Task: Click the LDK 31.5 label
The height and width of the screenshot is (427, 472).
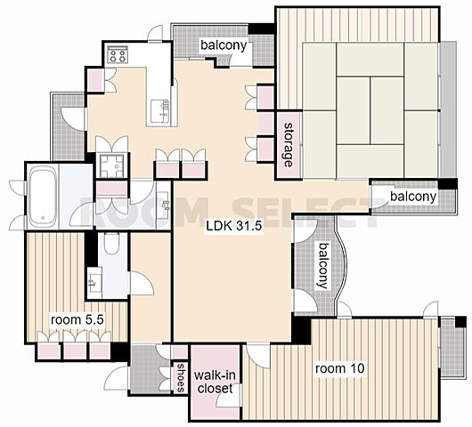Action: pyautogui.click(x=234, y=226)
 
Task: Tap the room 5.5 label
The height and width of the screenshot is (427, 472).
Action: pyautogui.click(x=77, y=319)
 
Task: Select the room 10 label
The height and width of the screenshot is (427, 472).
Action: pyautogui.click(x=339, y=368)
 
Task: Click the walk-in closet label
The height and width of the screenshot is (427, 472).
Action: pyautogui.click(x=215, y=382)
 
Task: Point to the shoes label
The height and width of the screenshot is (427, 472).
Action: pyautogui.click(x=180, y=378)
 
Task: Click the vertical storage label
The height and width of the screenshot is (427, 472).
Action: pyautogui.click(x=289, y=145)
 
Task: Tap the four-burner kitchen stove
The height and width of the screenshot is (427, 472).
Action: pyautogui.click(x=118, y=54)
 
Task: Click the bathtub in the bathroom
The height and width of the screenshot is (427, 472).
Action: pyautogui.click(x=43, y=197)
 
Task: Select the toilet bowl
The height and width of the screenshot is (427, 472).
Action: pyautogui.click(x=111, y=243)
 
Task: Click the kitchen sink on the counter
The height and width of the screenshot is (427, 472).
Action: pyautogui.click(x=159, y=111)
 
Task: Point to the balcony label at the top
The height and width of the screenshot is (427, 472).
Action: pyautogui.click(x=224, y=45)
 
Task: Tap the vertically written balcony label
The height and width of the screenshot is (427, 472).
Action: pyautogui.click(x=322, y=266)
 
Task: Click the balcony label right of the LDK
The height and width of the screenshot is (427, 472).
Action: pyautogui.click(x=413, y=197)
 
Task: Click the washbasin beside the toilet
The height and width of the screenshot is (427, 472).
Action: pyautogui.click(x=94, y=282)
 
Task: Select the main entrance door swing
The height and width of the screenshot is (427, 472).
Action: pyautogui.click(x=116, y=378)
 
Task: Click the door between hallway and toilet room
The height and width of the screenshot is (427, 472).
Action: pyautogui.click(x=142, y=283)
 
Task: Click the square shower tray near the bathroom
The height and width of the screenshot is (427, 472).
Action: pyautogui.click(x=111, y=165)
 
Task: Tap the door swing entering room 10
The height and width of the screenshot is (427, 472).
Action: pyautogui.click(x=258, y=356)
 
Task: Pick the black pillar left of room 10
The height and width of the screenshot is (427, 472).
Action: pyautogui.click(x=301, y=329)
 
